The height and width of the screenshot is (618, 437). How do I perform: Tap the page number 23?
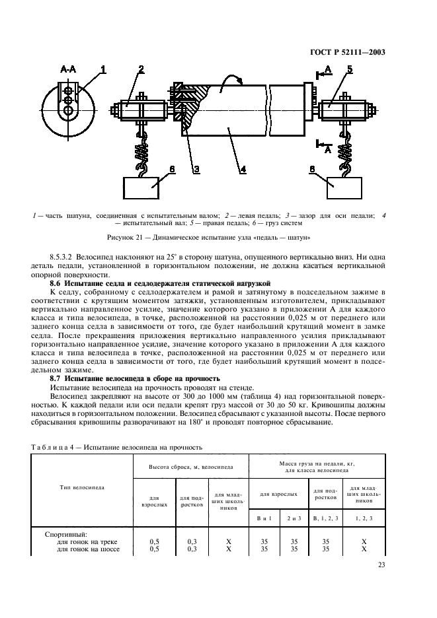point(381,564)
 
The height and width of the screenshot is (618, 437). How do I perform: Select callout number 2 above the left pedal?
point(140,69)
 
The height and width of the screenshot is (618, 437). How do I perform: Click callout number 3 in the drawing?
point(196,170)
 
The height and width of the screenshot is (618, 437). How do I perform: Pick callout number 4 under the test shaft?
point(243,170)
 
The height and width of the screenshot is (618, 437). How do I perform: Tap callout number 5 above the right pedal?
point(349,69)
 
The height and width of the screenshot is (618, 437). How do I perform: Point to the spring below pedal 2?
point(140,152)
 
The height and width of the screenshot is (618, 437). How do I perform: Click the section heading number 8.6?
point(60,283)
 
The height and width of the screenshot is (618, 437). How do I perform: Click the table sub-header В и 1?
point(264,518)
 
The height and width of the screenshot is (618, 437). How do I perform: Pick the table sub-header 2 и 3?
point(294,518)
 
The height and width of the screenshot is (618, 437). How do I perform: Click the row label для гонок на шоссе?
point(88,549)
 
